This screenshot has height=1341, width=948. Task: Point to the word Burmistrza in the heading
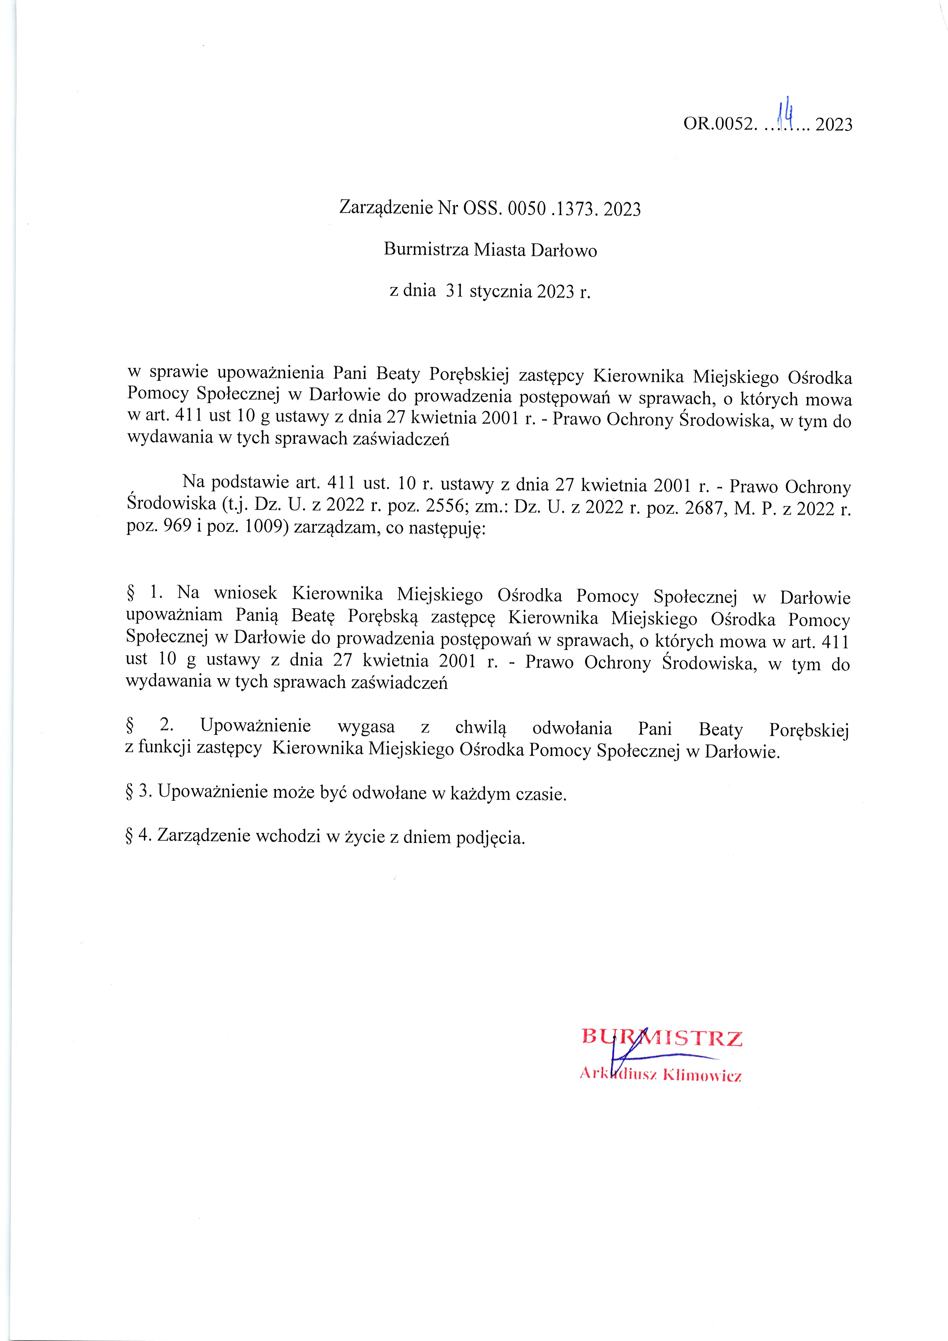click(426, 250)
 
